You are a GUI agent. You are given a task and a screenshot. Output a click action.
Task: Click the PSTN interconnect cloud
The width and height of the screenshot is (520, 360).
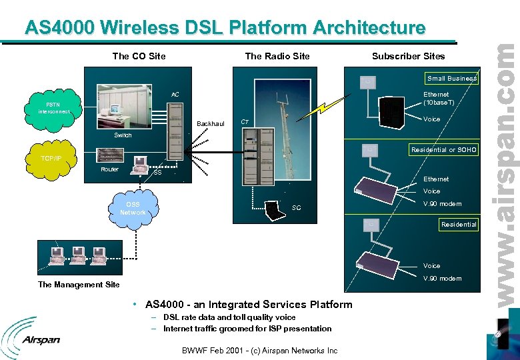click(x=53, y=108)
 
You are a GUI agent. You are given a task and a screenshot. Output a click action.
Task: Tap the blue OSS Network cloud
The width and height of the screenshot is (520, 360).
click(x=133, y=208)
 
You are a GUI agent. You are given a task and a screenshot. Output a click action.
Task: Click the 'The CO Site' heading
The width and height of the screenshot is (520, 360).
click(x=139, y=56)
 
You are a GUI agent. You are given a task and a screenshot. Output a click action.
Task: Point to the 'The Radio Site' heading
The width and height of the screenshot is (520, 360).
click(x=277, y=56)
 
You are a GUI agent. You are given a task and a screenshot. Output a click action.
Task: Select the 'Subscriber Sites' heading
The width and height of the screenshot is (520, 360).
click(x=408, y=56)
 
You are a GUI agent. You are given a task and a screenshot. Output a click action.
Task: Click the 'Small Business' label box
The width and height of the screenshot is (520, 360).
click(x=452, y=79)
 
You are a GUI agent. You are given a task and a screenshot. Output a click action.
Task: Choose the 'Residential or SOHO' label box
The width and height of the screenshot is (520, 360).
click(x=443, y=150)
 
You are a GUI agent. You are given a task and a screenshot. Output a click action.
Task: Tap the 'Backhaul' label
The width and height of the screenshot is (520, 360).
click(x=210, y=123)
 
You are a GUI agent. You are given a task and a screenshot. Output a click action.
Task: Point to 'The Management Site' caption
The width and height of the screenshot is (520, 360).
click(x=79, y=285)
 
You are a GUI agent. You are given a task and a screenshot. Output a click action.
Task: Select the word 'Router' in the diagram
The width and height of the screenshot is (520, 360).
click(x=109, y=169)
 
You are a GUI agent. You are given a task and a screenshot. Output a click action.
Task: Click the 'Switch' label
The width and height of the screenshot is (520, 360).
click(x=123, y=135)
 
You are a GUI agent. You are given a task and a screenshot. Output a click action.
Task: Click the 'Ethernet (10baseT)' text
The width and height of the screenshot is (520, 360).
click(x=439, y=99)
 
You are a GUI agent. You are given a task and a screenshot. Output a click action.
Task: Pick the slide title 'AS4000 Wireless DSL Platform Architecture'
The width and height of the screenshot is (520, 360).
click(x=225, y=27)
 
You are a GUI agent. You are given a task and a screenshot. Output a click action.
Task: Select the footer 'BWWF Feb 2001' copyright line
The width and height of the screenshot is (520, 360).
click(x=260, y=351)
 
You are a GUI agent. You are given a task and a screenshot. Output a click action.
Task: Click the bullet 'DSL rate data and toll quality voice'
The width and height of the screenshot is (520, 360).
click(x=229, y=317)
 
